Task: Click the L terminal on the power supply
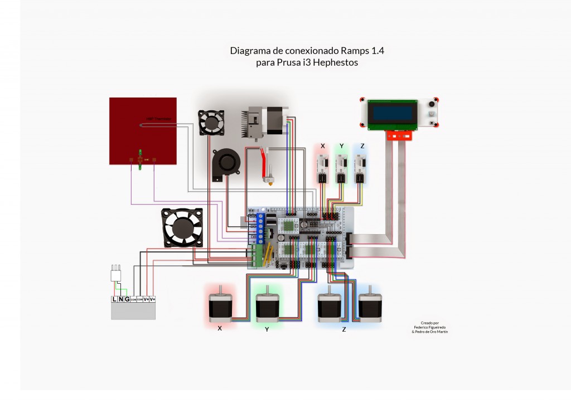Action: [115, 299]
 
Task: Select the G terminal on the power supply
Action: [127, 299]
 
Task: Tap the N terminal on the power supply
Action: [121, 299]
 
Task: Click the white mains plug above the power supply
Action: [116, 274]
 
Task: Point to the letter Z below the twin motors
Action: [344, 329]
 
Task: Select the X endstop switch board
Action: [322, 164]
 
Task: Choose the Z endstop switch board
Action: [361, 164]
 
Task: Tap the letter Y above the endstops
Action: [341, 146]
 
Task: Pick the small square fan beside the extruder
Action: [212, 121]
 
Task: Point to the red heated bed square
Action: [143, 130]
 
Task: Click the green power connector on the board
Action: [257, 256]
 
